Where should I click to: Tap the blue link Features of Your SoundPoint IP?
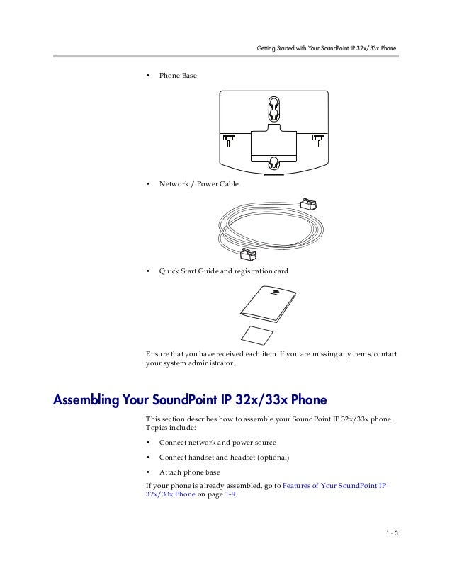(x=334, y=485)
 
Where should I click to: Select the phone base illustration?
(x=274, y=131)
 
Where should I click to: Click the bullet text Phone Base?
(x=178, y=75)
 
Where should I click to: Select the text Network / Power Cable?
(x=198, y=183)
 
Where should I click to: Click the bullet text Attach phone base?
(x=189, y=472)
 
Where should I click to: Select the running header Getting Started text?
(x=325, y=49)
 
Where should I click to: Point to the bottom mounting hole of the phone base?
(x=274, y=163)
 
